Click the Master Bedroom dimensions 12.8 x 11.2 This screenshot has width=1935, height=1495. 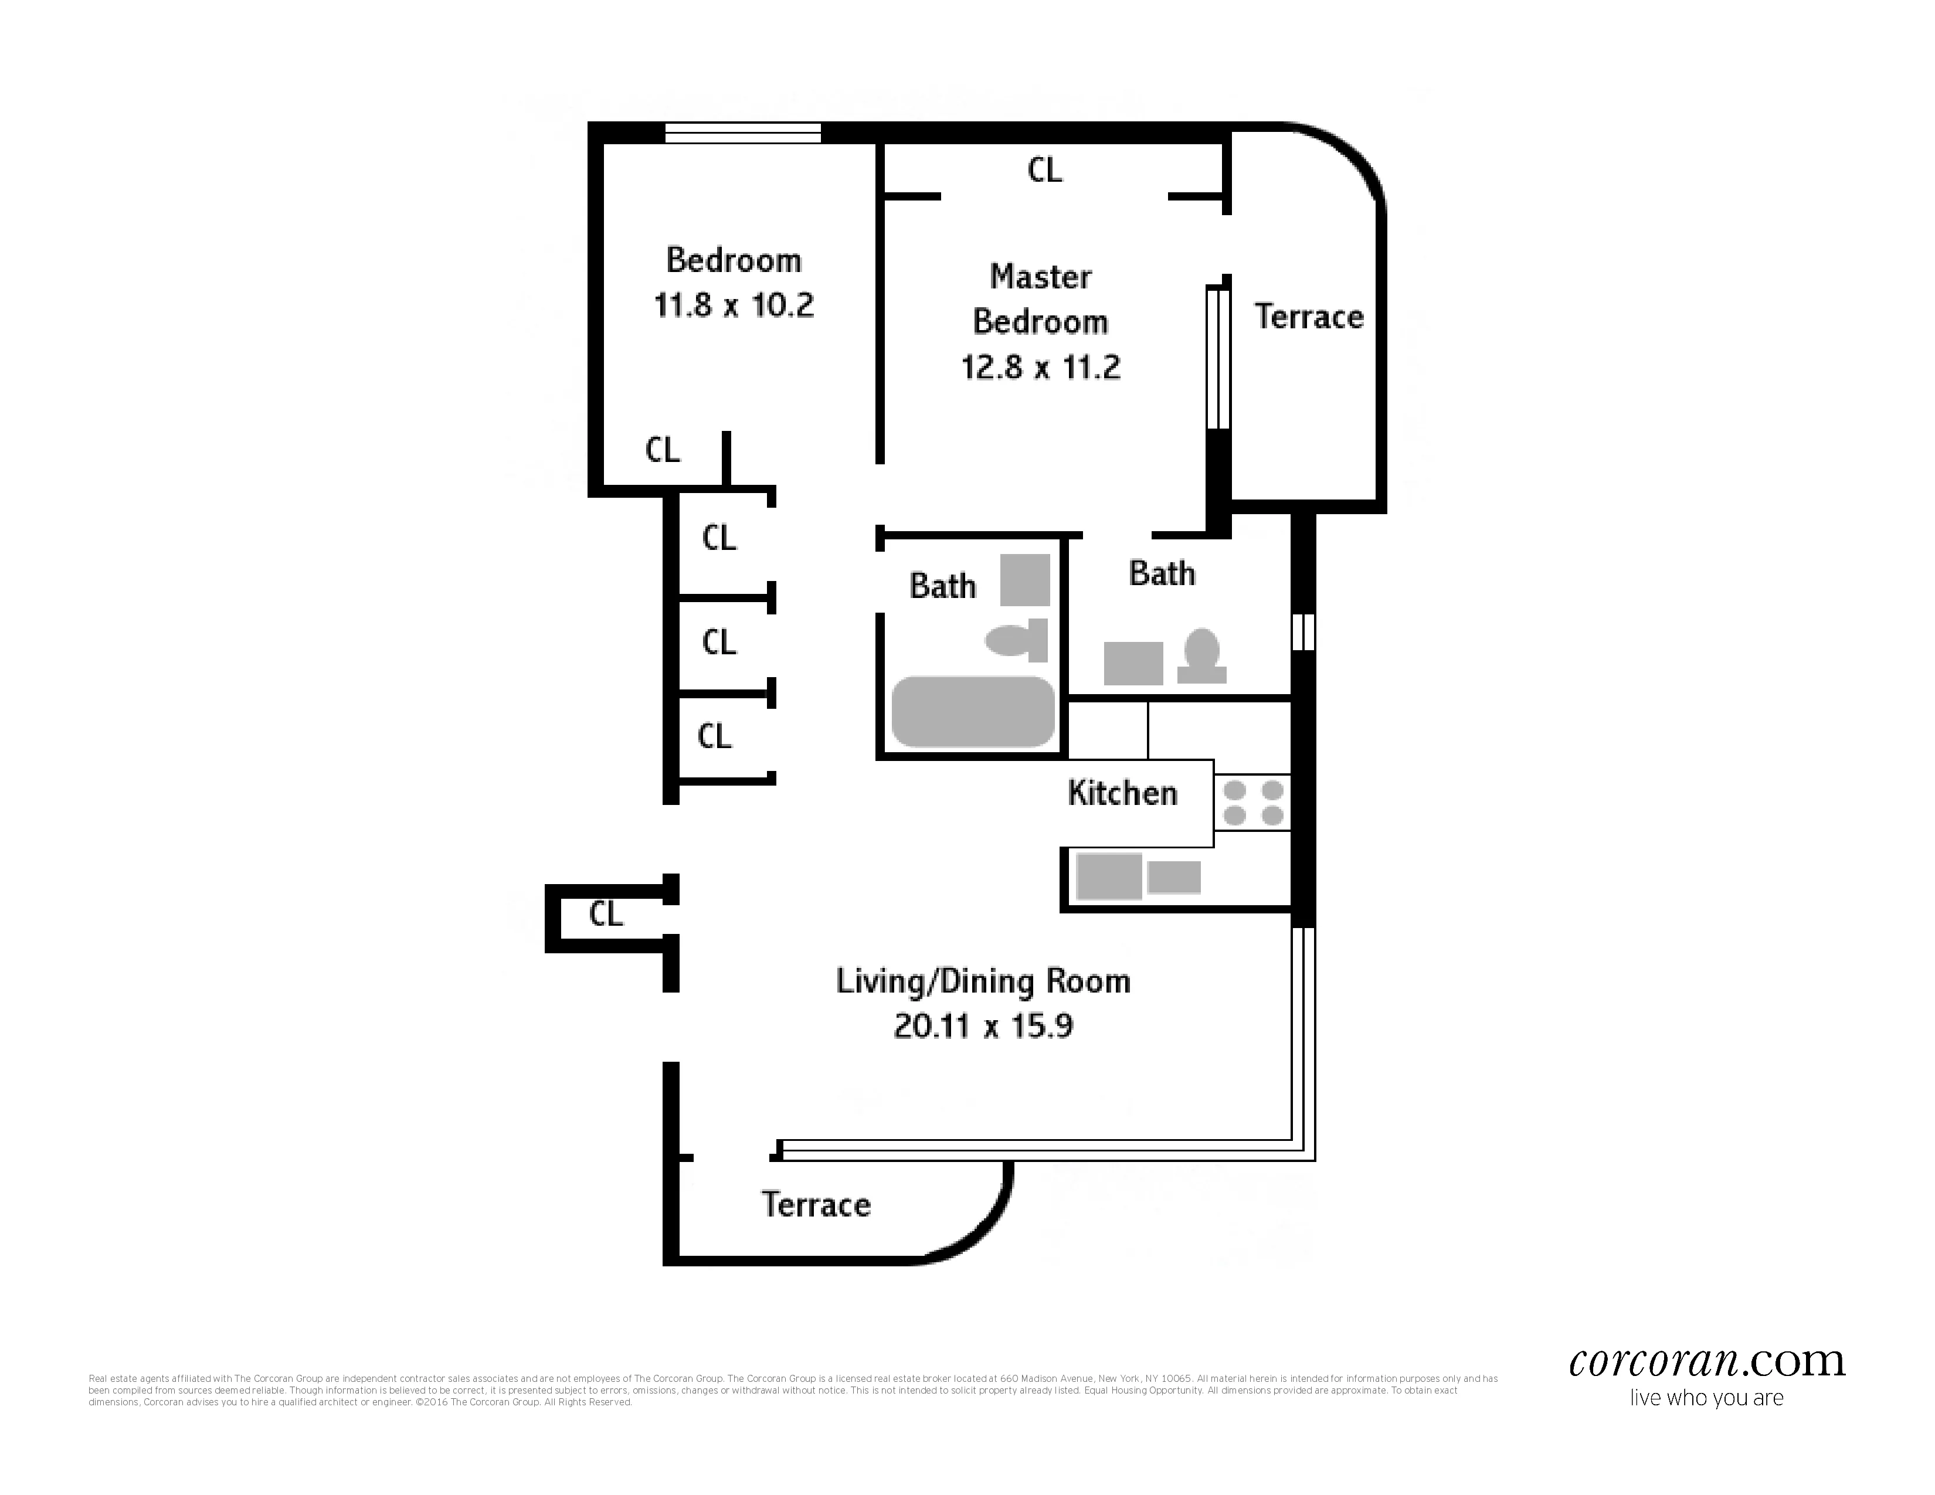pyautogui.click(x=1040, y=366)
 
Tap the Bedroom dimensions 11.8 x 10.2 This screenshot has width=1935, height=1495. pyautogui.click(x=734, y=305)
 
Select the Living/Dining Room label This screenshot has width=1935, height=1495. pyautogui.click(x=983, y=981)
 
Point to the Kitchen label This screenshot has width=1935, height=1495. pyautogui.click(x=1122, y=793)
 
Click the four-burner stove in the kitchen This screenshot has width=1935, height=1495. pyautogui.click(x=1252, y=803)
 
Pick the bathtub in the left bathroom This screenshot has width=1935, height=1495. pyautogui.click(x=972, y=711)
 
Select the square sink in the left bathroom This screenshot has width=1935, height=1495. pyautogui.click(x=1024, y=579)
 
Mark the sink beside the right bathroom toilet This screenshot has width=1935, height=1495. pyautogui.click(x=1132, y=663)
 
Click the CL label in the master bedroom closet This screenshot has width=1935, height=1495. pyautogui.click(x=1044, y=169)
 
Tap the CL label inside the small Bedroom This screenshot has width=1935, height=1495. pyautogui.click(x=662, y=450)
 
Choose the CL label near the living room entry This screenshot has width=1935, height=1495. pyautogui.click(x=606, y=914)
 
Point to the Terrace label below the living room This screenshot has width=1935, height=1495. pyautogui.click(x=815, y=1205)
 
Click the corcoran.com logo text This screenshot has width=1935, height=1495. pyautogui.click(x=1706, y=1361)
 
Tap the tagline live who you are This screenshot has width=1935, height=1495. pyautogui.click(x=1706, y=1398)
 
